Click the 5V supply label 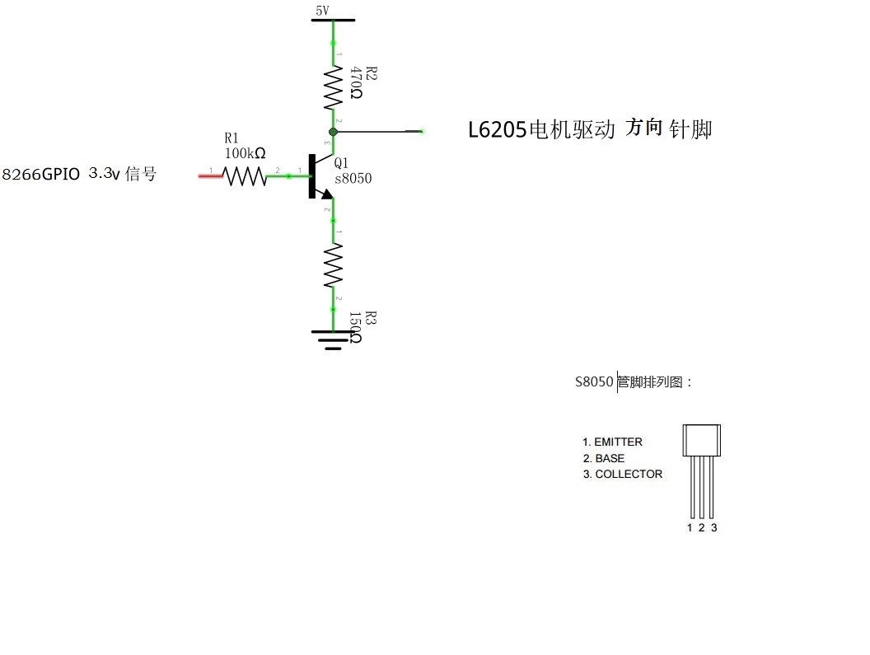click(322, 11)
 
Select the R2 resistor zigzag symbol click(333, 88)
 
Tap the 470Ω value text click(355, 83)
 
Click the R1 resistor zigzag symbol click(246, 175)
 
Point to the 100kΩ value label click(245, 153)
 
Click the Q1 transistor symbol click(317, 176)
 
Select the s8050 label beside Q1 click(353, 179)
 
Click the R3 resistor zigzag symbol click(333, 265)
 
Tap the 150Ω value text click(355, 327)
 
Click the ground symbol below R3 click(333, 339)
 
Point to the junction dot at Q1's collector click(333, 131)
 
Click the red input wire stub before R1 click(210, 175)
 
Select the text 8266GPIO click(41, 175)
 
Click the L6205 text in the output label click(497, 130)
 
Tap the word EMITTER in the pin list click(618, 442)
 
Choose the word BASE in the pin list click(610, 458)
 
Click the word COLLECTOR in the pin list click(629, 474)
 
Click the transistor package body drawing click(701, 440)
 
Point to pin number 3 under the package click(713, 527)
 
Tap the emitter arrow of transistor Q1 click(326, 194)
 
